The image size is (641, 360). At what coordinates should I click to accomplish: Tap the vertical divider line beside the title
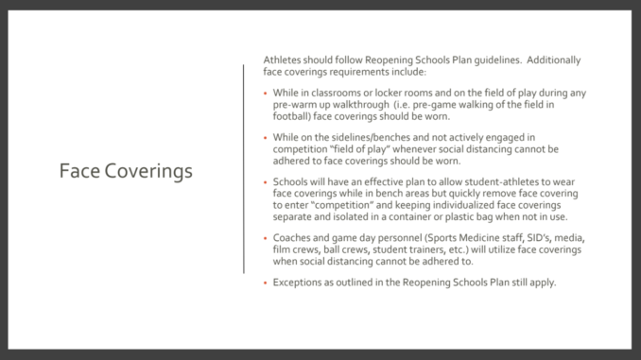point(244,169)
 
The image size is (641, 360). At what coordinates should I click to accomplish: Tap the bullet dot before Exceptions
point(267,282)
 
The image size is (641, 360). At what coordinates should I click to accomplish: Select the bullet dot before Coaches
point(267,237)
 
